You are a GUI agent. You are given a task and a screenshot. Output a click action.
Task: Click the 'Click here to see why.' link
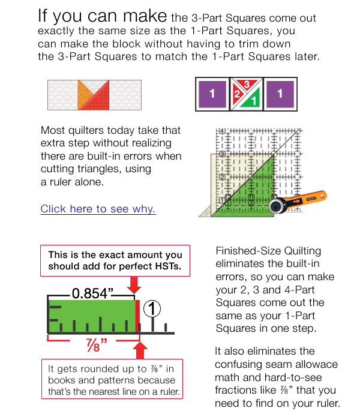[x=98, y=209]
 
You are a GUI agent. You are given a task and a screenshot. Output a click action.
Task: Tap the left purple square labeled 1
[x=212, y=94]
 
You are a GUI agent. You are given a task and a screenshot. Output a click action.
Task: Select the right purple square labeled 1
[x=280, y=94]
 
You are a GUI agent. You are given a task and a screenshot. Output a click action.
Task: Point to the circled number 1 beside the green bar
[x=153, y=309]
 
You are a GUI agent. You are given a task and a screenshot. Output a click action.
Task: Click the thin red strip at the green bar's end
[x=137, y=316]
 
